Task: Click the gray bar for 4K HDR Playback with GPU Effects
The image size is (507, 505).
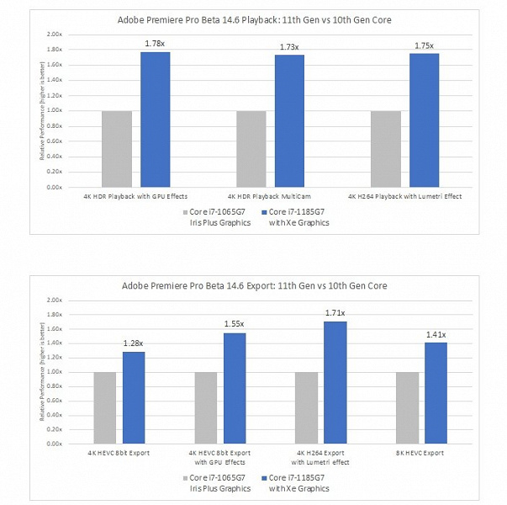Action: (116, 149)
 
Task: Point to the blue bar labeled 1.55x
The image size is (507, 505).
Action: (235, 388)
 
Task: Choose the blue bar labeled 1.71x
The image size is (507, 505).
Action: (335, 382)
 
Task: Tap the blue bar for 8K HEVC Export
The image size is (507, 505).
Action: (436, 393)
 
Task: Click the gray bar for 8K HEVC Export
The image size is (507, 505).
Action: (407, 407)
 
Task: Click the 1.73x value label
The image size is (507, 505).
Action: (289, 46)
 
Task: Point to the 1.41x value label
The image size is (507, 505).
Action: (436, 334)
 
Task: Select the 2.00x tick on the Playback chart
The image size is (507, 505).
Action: (54, 35)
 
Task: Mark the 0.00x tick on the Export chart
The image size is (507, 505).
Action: (54, 444)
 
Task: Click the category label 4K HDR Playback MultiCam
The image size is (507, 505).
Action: (271, 196)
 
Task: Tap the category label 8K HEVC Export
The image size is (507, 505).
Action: (421, 452)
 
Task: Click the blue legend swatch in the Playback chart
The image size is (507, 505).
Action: (264, 212)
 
